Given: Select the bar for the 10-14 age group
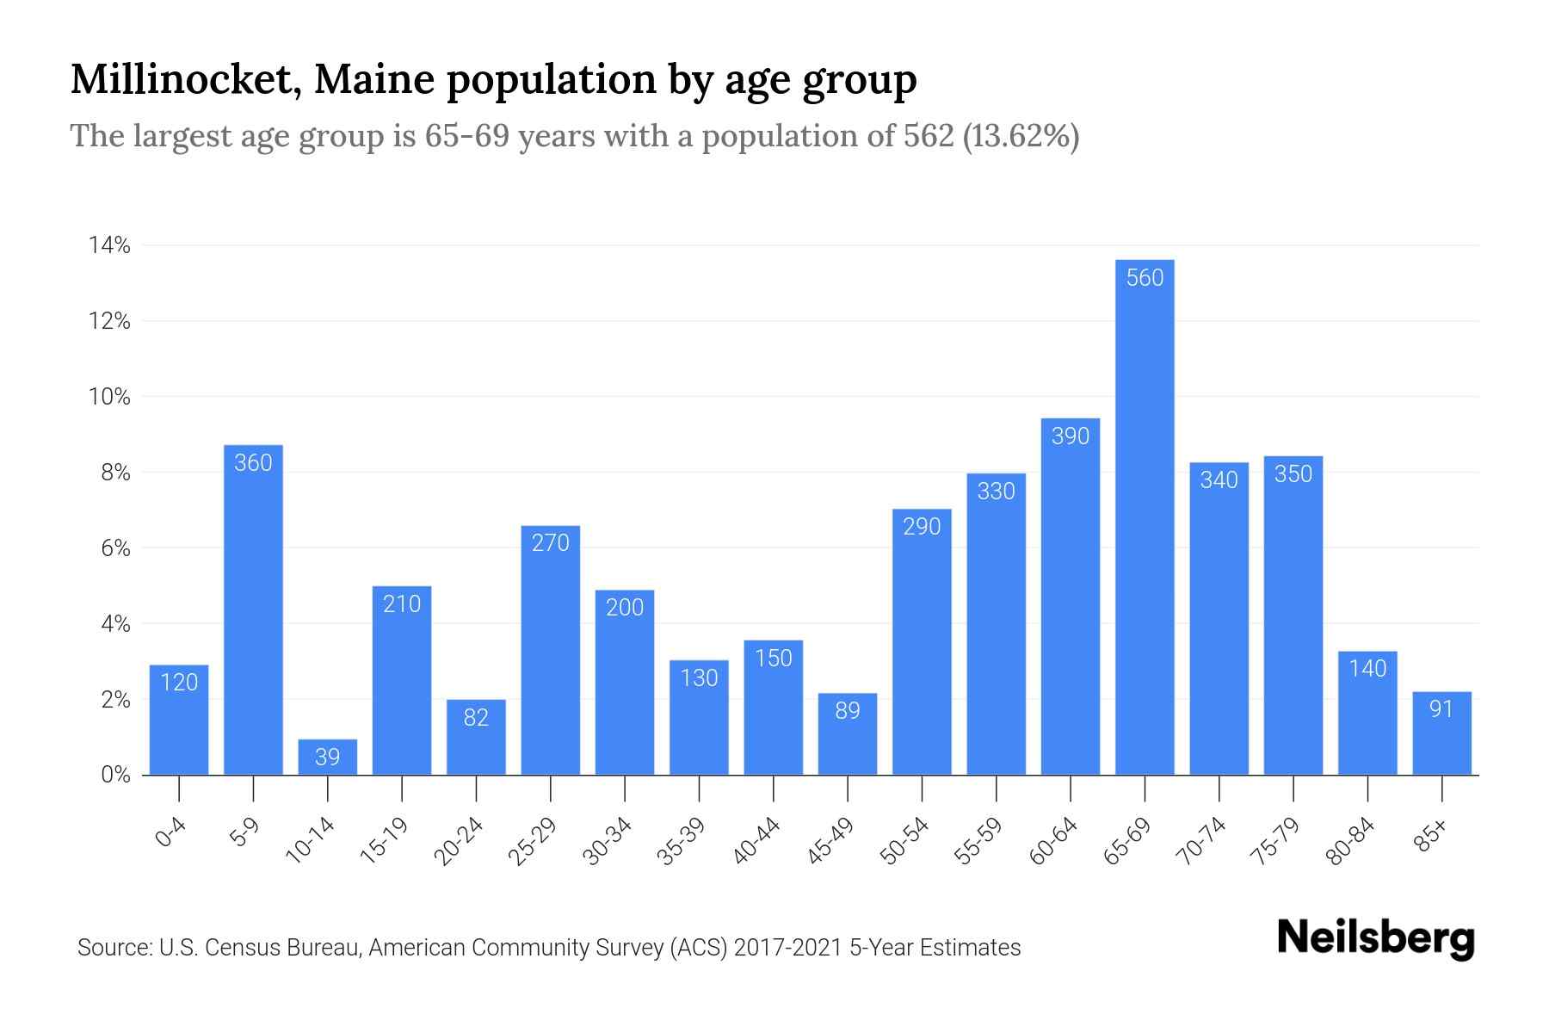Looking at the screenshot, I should (327, 758).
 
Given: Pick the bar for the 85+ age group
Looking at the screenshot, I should (1441, 740).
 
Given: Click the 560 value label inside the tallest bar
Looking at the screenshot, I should (1145, 278).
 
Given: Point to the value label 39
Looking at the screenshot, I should (327, 757).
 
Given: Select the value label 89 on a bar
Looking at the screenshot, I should (848, 710).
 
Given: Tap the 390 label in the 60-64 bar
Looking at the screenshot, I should (1071, 436).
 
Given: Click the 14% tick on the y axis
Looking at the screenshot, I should (109, 246).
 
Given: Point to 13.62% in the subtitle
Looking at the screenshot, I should (1021, 136).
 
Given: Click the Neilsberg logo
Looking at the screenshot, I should (1375, 939).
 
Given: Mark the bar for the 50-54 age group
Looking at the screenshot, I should (922, 646).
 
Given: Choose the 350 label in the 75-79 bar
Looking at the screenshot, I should (1293, 474).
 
